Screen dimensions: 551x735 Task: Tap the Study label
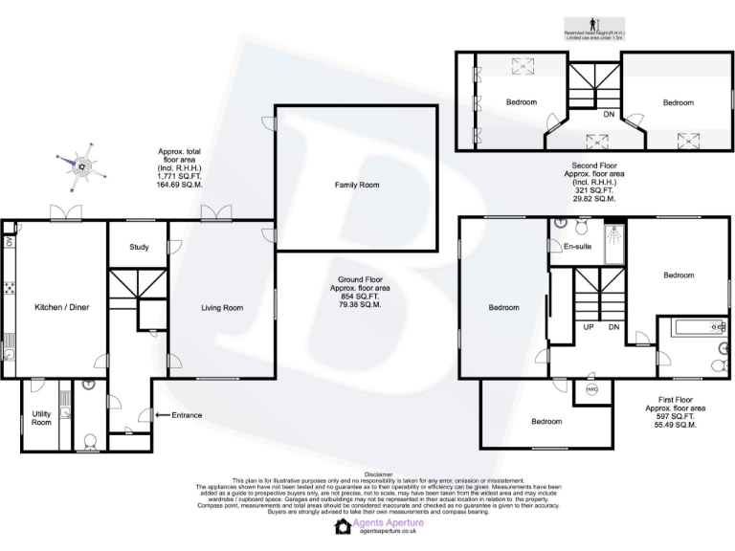139,248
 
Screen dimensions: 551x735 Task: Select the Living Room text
221,308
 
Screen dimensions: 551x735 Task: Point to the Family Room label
357,184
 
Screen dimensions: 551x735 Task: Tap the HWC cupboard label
592,389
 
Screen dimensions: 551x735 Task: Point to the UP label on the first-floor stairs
589,328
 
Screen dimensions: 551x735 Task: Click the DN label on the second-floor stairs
609,115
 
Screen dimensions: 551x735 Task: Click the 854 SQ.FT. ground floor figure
355,296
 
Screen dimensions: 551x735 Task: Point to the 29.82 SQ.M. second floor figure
594,199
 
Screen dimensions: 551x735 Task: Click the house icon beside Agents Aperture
343,527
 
